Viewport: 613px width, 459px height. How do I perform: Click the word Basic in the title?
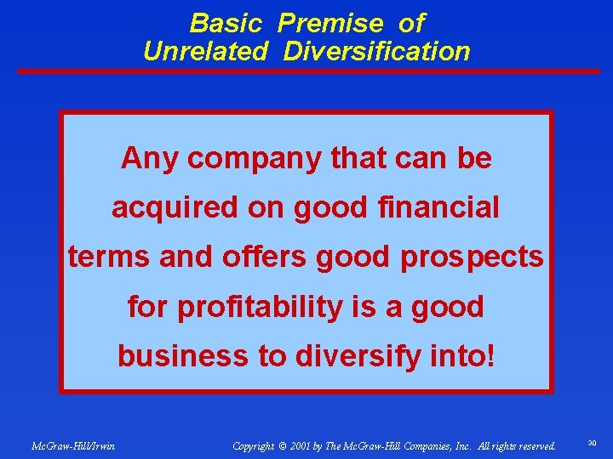[x=226, y=22]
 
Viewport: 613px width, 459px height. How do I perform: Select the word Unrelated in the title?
[x=204, y=51]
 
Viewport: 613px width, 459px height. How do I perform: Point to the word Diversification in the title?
[x=376, y=51]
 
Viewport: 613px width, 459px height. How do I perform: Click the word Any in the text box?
[x=150, y=157]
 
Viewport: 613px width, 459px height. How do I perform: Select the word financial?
[x=440, y=207]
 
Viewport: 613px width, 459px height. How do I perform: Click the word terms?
[x=109, y=256]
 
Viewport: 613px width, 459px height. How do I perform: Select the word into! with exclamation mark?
[x=461, y=355]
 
